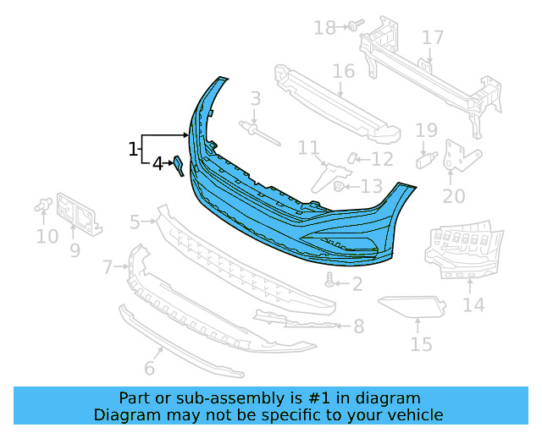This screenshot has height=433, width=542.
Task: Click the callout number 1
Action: (133, 150)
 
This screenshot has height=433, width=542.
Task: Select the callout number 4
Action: (157, 163)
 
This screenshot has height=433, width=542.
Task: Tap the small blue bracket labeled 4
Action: (179, 165)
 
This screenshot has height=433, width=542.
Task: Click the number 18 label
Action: (324, 28)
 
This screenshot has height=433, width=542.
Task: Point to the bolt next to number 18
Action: (351, 26)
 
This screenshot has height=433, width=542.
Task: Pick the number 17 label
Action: (433, 38)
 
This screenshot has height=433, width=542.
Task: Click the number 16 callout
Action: (343, 70)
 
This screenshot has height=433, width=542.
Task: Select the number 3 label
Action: (255, 101)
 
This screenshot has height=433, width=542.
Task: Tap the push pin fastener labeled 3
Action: (252, 129)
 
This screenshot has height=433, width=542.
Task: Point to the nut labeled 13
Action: (339, 186)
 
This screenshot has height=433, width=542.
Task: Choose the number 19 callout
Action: (426, 130)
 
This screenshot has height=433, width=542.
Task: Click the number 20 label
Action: (454, 196)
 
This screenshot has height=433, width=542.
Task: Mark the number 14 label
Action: (473, 304)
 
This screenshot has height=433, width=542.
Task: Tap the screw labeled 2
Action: (330, 282)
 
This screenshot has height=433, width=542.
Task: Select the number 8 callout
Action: (359, 326)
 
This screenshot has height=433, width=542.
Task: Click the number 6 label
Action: (149, 368)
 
